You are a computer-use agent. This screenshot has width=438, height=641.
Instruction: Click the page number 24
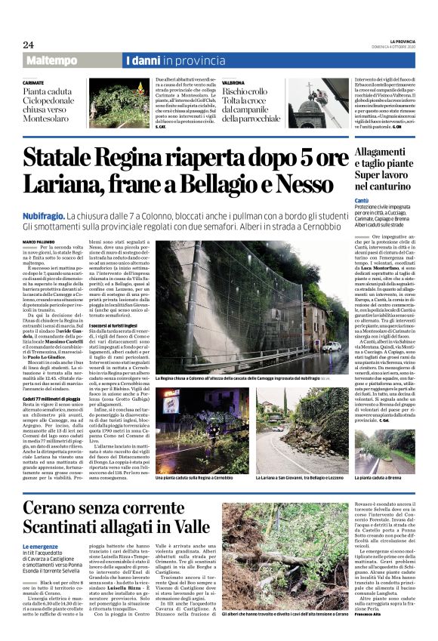(x=28, y=45)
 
